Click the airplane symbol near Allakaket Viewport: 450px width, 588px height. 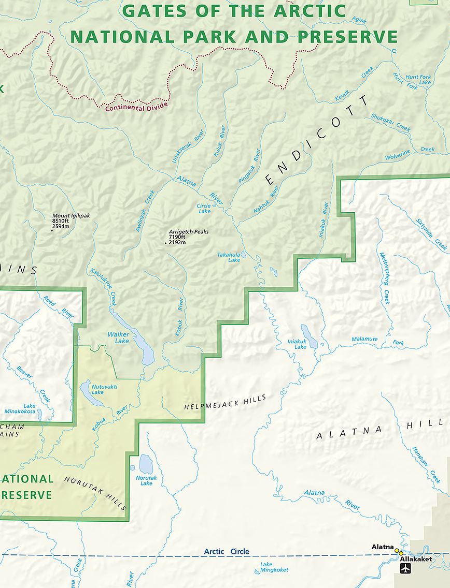(406, 568)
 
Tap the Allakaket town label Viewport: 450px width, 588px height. (415, 559)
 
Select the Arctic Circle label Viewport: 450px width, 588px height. (227, 552)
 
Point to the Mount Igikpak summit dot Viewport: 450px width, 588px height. (52, 230)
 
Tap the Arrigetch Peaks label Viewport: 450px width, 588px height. (188, 232)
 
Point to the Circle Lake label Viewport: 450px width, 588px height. (204, 209)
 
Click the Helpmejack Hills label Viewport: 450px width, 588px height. (225, 402)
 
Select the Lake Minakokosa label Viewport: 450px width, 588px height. (20, 408)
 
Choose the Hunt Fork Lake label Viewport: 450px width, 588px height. (418, 80)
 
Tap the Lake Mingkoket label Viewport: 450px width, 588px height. (274, 567)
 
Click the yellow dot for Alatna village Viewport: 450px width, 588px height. (397, 551)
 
